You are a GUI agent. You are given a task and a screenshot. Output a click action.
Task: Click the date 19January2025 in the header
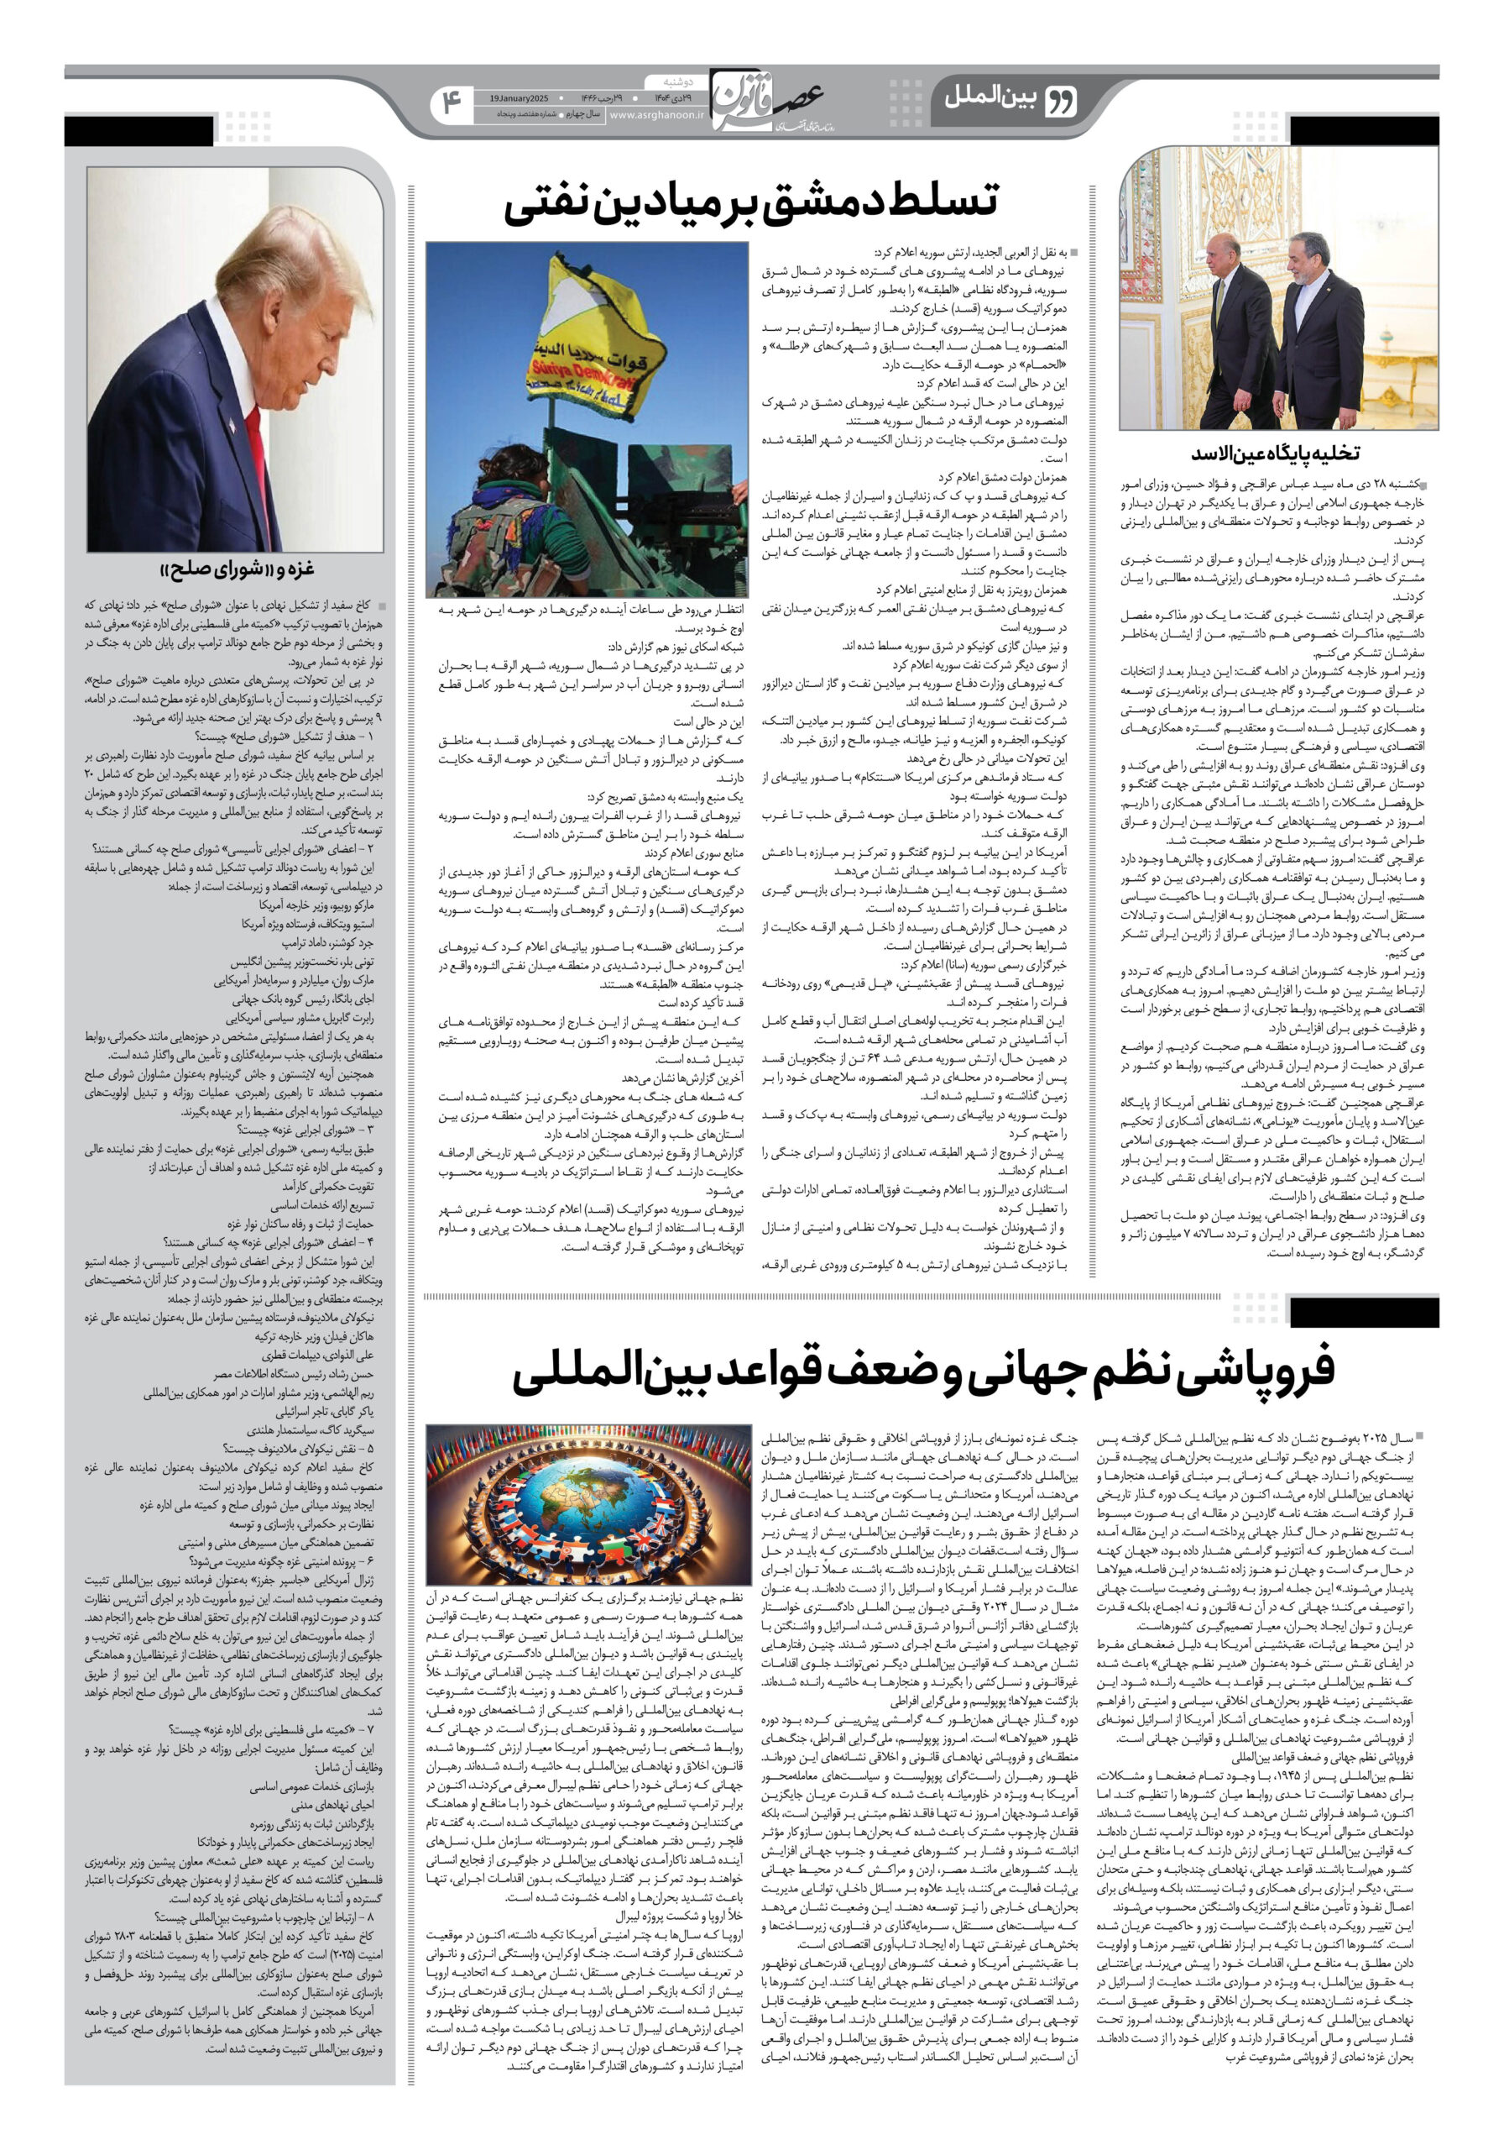click(518, 97)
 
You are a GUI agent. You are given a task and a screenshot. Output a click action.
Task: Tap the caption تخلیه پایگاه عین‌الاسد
click(1277, 454)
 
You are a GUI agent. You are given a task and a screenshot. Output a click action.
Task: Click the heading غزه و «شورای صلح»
click(236, 569)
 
